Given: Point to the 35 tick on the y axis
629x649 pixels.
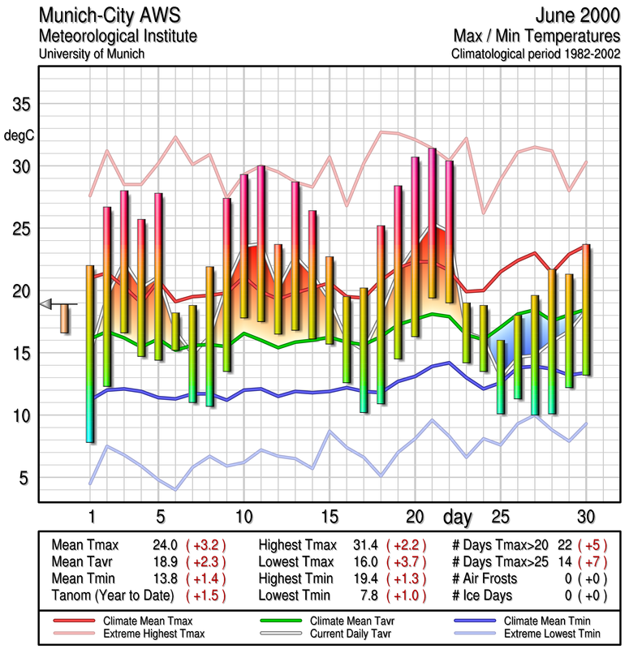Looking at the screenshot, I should click(x=20, y=105).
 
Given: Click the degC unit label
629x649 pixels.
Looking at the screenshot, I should click(x=19, y=135).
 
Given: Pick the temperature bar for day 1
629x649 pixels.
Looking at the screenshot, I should click(x=90, y=353).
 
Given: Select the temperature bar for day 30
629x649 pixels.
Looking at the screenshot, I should click(x=586, y=309).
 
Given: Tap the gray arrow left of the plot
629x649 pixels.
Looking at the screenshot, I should click(x=46, y=304).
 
